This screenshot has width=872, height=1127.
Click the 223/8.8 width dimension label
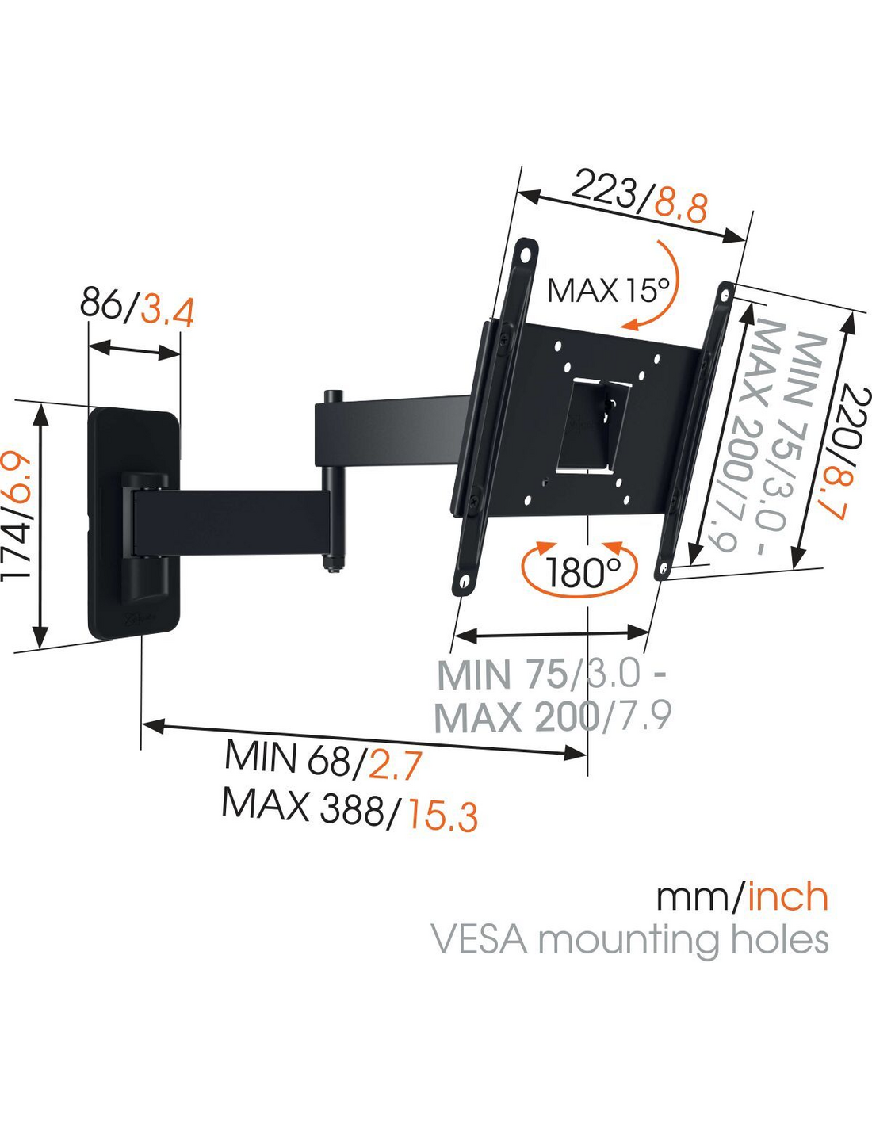coord(639,198)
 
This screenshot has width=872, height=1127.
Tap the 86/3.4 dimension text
coord(136,307)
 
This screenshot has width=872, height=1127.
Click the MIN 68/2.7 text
coord(323,762)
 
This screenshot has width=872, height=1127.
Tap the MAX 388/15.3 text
coord(350,809)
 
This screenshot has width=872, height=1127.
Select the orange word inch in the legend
coord(788,897)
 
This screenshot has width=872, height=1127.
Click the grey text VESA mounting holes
coord(629,940)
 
